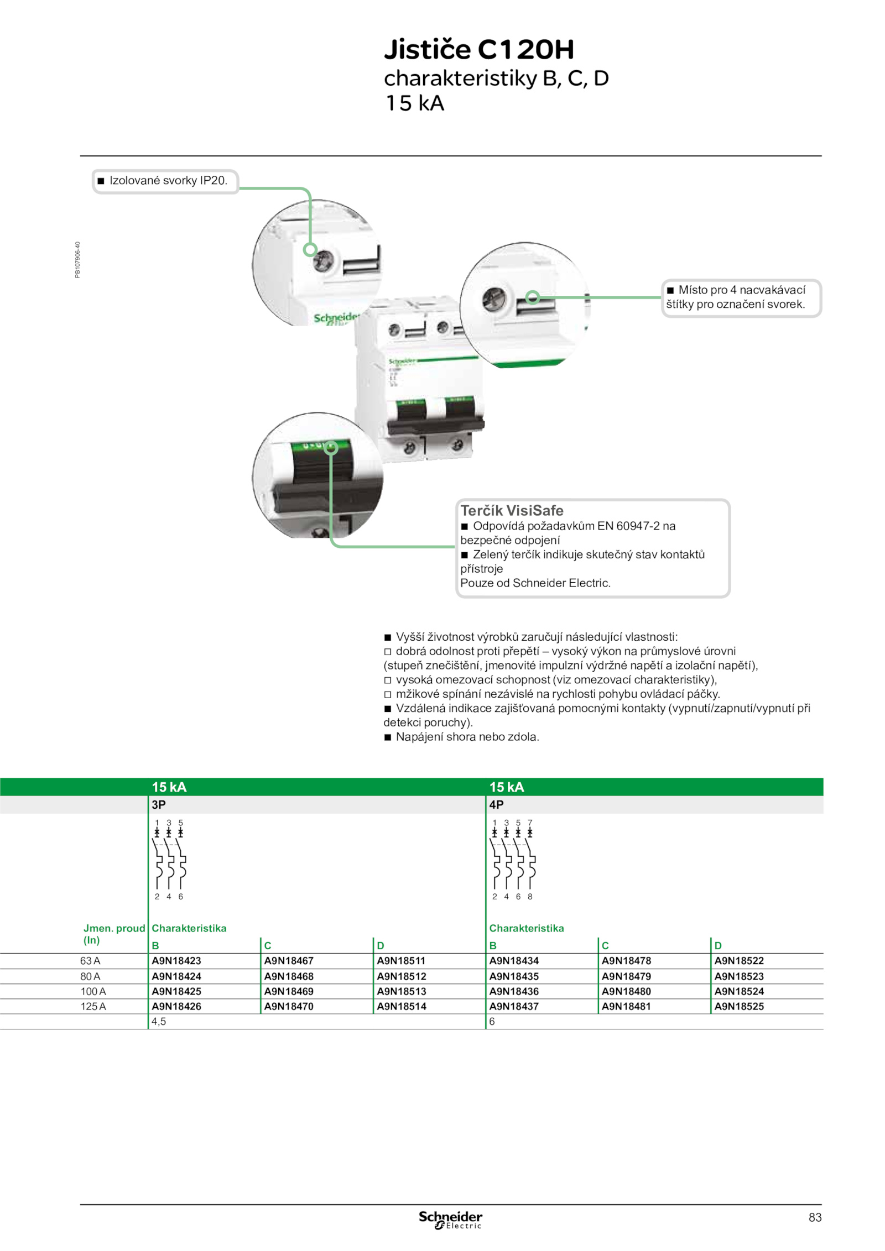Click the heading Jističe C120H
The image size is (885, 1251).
pos(479,49)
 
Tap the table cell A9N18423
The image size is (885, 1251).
pos(176,961)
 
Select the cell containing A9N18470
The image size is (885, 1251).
pos(289,1006)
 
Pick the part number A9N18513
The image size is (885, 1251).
pos(402,991)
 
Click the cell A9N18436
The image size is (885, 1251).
pos(514,991)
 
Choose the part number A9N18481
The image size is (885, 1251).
pos(626,1006)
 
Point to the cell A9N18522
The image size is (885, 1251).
pos(739,961)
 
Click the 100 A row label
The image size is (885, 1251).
pos(93,991)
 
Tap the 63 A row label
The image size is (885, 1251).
pos(90,961)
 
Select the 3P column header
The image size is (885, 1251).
pos(159,804)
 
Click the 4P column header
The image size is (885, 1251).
pos(496,804)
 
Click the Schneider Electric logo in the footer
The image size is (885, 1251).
pos(450,1220)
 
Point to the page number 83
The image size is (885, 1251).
pos(815,1217)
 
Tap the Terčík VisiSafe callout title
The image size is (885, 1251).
pos(512,510)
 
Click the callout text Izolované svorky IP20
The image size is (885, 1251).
pos(168,180)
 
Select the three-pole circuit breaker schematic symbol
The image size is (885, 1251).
pos(169,860)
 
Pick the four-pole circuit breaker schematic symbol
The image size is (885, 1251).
pos(512,860)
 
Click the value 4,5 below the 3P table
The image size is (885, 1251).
pos(159,1022)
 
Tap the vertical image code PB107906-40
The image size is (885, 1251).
pos(77,260)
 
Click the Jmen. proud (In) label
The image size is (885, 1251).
pos(114,934)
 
